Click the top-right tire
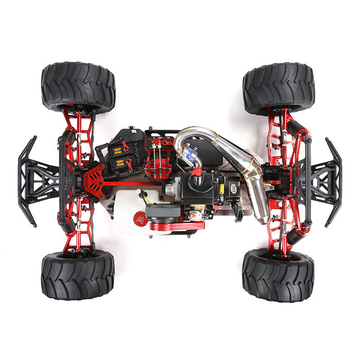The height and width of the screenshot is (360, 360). point(278,87)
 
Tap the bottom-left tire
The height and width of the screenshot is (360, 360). point(78,275)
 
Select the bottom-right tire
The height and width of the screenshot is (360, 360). point(278,275)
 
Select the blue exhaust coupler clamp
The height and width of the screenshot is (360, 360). point(191,151)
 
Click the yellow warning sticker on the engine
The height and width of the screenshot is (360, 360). point(222,189)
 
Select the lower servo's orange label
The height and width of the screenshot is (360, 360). point(119,163)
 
